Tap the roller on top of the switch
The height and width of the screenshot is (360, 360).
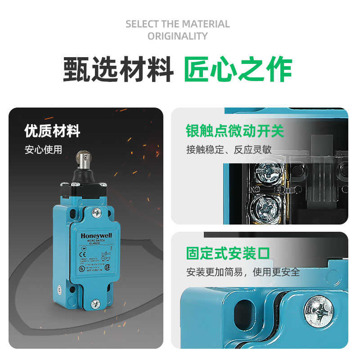84,157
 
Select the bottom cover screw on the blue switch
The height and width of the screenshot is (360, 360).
95,304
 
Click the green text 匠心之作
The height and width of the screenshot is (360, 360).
238,69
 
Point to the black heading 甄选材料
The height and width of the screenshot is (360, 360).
118,69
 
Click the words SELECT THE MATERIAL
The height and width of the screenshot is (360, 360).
178,24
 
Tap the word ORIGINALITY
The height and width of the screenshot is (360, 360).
178,36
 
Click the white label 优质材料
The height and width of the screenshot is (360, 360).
52,131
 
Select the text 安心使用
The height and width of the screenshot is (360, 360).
43,149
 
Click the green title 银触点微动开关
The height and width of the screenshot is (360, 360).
235,131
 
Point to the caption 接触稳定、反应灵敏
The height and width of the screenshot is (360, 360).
229,149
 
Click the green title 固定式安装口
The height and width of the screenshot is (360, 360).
228,253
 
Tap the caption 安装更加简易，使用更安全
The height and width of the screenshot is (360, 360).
243,272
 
